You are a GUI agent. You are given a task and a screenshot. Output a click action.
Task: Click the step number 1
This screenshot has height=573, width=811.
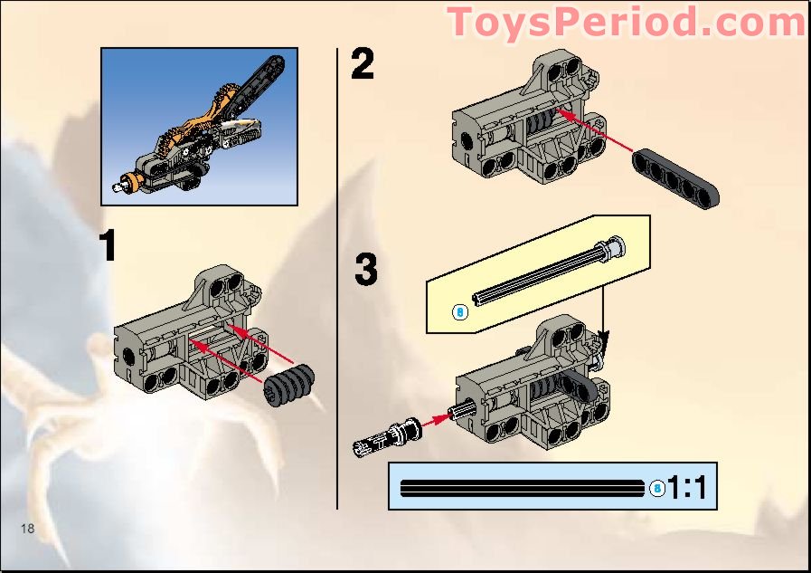tap(108, 246)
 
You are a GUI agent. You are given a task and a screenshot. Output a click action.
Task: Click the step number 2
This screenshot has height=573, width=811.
tap(362, 65)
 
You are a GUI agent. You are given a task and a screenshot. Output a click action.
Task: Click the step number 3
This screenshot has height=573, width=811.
tap(365, 270)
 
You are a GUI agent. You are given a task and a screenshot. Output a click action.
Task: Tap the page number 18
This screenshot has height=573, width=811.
tap(28, 529)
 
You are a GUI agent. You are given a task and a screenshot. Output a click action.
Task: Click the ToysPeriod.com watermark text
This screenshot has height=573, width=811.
tap(627, 23)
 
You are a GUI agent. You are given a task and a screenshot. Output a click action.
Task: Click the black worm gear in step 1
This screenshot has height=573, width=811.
tap(291, 385)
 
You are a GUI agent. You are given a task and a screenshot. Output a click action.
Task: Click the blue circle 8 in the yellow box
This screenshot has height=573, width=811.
tap(459, 312)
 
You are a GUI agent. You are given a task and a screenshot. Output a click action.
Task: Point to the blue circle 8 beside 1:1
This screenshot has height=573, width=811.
tap(657, 489)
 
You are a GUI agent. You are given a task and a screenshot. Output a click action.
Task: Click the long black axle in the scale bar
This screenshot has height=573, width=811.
tap(524, 488)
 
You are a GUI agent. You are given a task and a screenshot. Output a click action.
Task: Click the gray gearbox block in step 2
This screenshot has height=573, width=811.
tap(524, 127)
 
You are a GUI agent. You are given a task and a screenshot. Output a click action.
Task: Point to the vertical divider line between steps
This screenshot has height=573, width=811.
tap(337, 272)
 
